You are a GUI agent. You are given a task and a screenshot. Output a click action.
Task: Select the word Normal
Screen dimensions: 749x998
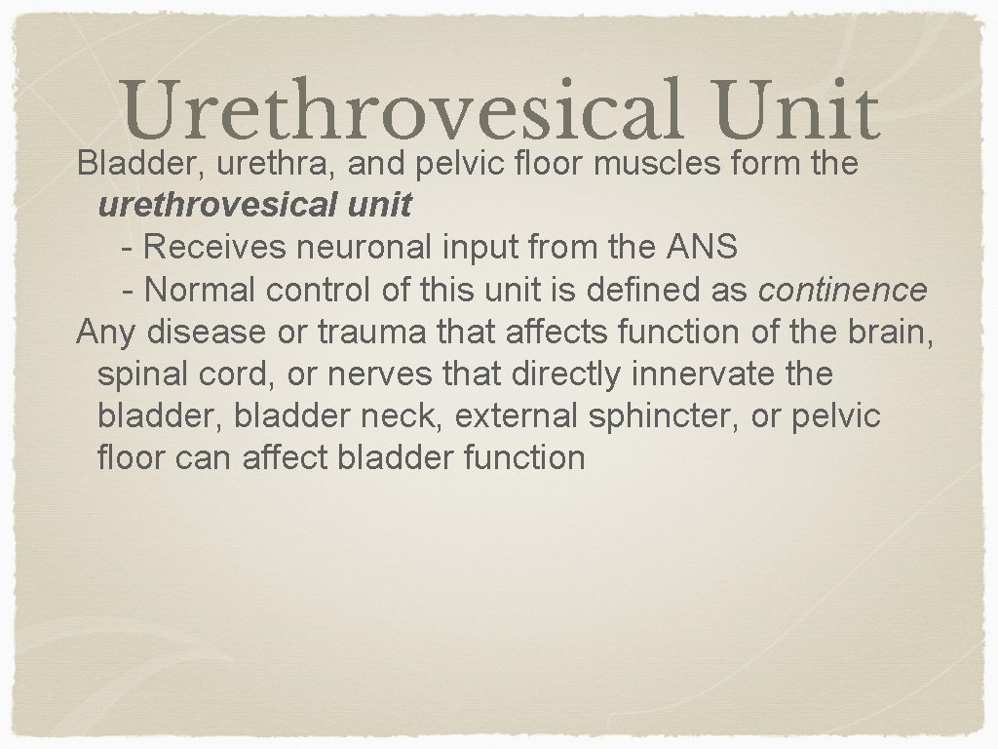pyautogui.click(x=200, y=290)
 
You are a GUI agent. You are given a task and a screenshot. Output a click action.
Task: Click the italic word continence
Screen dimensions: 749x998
pyautogui.click(x=843, y=290)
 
